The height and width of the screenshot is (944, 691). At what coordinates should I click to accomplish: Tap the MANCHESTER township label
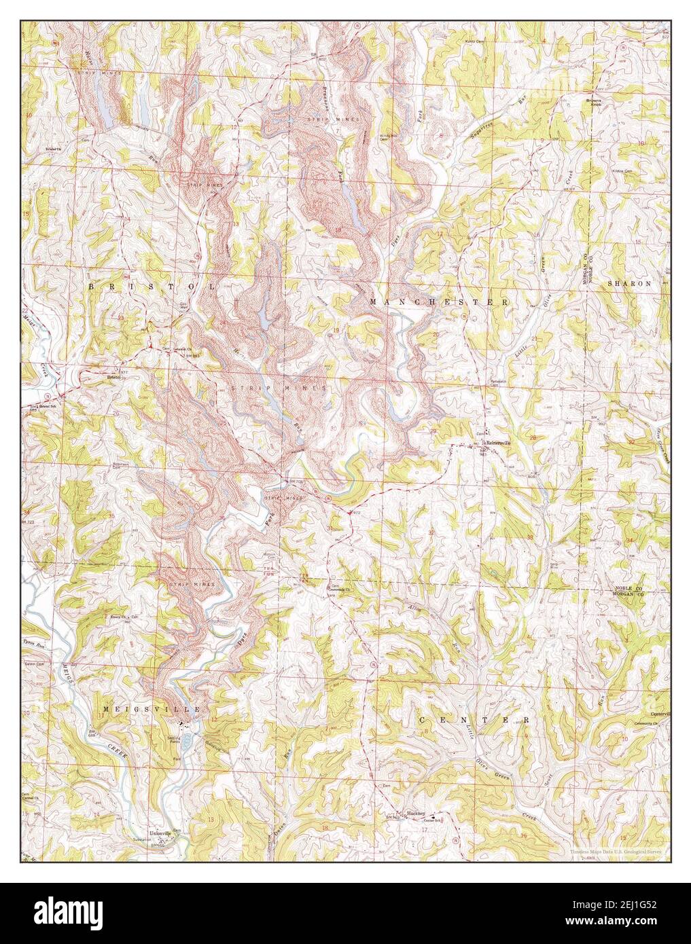(439, 301)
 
